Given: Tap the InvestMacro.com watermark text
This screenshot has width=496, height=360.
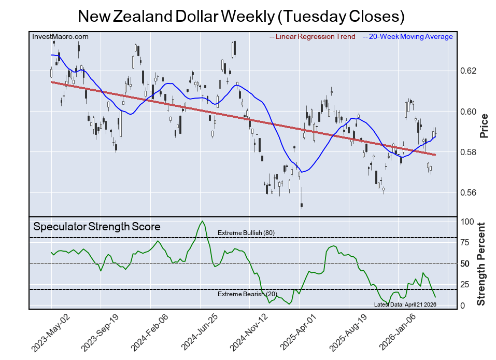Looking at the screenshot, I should tap(60, 36).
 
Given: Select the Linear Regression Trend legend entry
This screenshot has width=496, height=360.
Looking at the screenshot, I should tap(313, 36).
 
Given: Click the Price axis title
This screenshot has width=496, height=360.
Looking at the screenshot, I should tap(484, 126).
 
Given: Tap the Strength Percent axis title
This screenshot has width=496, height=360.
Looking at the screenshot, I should tap(481, 264).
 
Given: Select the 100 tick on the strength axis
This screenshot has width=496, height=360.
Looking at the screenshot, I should tap(467, 221).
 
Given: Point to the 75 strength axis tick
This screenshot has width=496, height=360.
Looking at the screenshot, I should tap(465, 243).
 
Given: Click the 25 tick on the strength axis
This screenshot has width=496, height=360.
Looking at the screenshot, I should tap(465, 284).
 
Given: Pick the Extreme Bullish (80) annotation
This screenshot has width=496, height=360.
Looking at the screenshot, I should tap(246, 233).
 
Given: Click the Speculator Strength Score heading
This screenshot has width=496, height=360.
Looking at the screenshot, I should tap(97, 227).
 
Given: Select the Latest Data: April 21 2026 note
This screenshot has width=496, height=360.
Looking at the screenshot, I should tap(405, 304).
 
